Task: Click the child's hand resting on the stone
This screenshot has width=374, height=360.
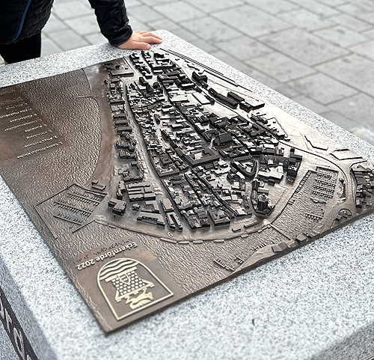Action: tap(140, 40)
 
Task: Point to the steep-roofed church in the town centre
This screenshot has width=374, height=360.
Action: tap(224, 138)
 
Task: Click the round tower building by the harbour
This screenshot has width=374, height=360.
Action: tap(262, 202)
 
